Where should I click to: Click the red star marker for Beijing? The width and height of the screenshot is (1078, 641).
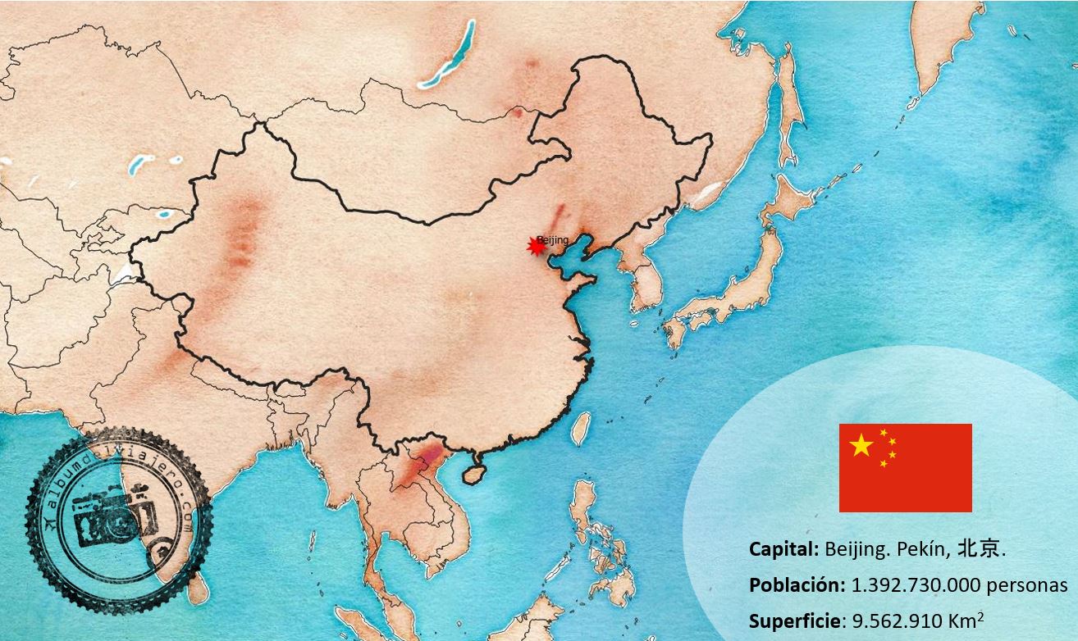pos(537,246)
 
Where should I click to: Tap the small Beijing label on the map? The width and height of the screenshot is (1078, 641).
pos(553,239)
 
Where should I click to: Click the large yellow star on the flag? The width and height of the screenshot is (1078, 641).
pos(861,446)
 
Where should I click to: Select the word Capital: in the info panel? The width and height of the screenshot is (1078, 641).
pos(783,549)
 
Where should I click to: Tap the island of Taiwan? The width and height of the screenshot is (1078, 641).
pos(581,428)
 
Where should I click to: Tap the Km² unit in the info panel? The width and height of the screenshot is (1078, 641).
pos(967,620)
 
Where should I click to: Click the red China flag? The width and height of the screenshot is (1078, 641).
pos(905,468)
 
